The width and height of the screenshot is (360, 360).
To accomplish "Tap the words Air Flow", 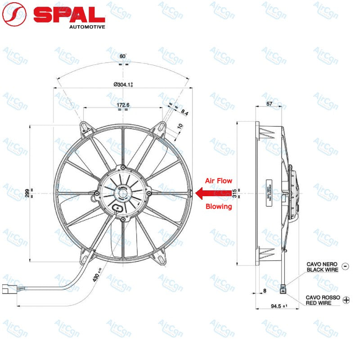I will click(219, 180).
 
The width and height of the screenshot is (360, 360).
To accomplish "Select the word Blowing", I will click(219, 207).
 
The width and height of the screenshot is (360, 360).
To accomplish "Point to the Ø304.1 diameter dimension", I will click(122, 84).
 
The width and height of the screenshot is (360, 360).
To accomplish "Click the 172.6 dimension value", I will click(122, 105).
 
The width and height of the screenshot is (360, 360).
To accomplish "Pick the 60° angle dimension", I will click(122, 56).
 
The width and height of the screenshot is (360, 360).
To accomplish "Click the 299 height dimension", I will click(27, 193).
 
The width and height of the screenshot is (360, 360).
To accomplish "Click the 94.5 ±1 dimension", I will click(277, 306).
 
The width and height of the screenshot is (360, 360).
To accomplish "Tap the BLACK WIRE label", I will click(322, 270).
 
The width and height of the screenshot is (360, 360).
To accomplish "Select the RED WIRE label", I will click(319, 303).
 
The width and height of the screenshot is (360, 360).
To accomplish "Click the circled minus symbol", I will click(345, 266).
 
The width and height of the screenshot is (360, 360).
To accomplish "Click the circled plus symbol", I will click(346, 300).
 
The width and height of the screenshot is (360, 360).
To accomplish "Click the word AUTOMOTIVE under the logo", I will click(87, 27).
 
